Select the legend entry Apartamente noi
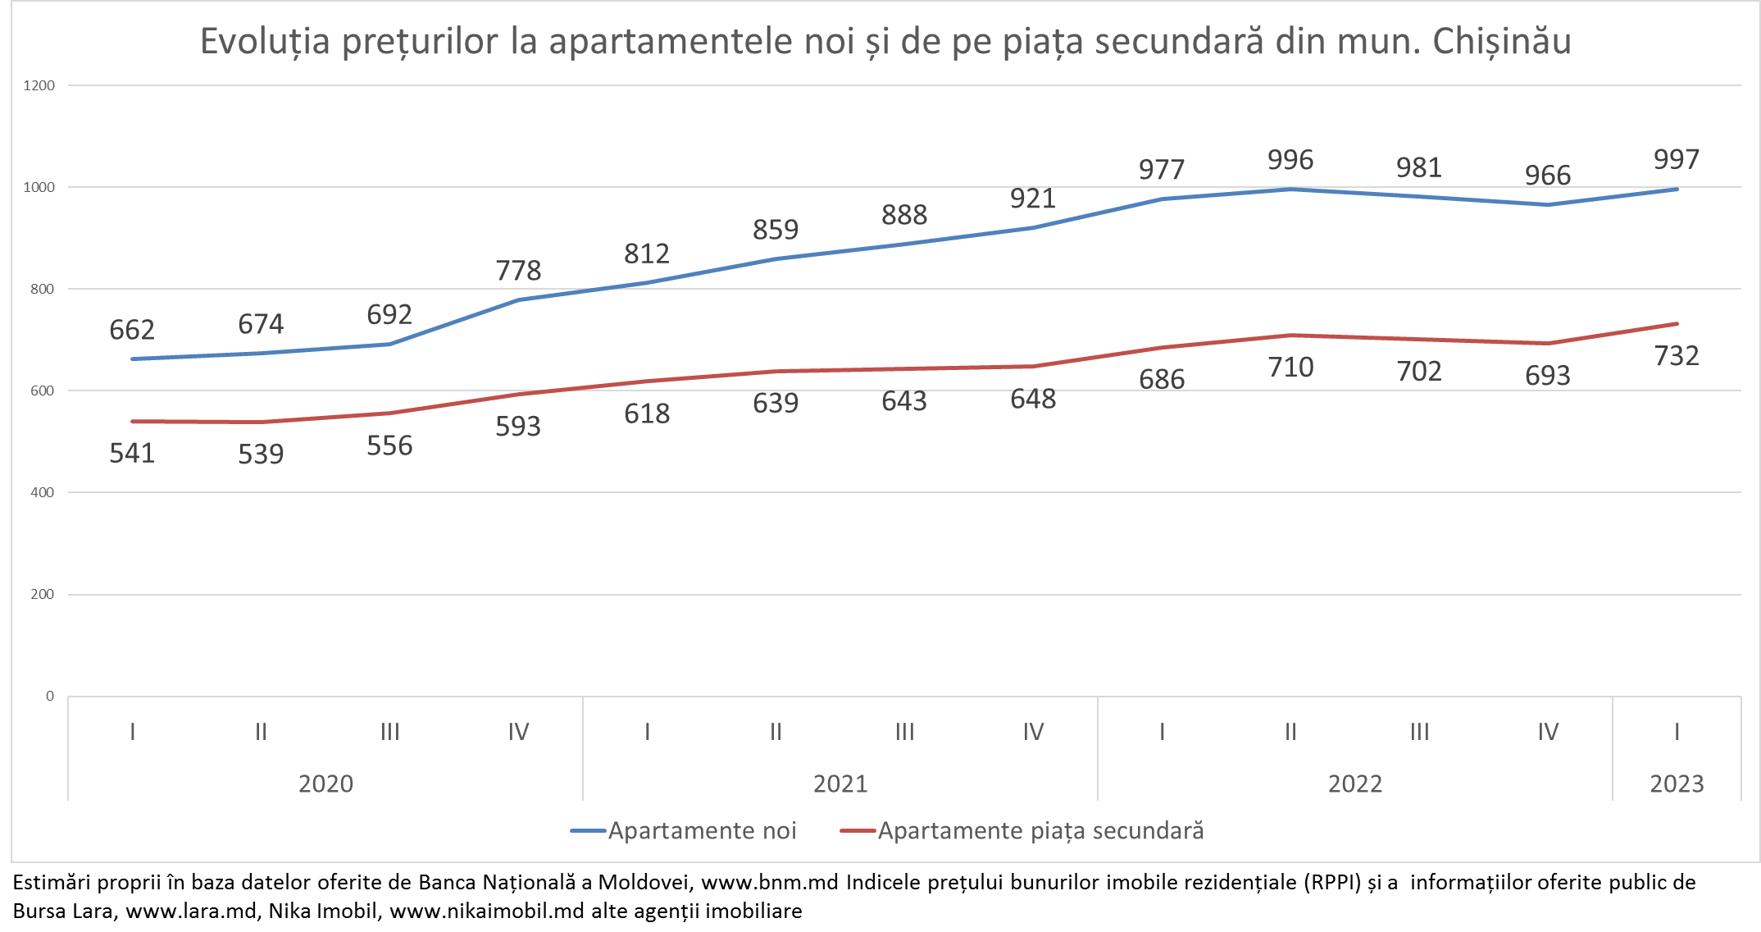tap(702, 831)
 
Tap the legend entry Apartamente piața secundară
tap(1040, 831)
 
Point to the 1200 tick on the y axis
tap(39, 85)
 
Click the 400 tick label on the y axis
tap(43, 492)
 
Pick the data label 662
tap(132, 330)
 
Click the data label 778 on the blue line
tap(518, 270)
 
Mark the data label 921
tap(1033, 199)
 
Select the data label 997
tap(1677, 159)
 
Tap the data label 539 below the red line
tap(261, 454)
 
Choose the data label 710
tap(1290, 368)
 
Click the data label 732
tap(1677, 356)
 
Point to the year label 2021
tap(840, 784)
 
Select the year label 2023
tap(1677, 784)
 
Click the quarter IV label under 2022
tap(1548, 732)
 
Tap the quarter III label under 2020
tap(389, 732)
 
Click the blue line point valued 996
tap(1291, 190)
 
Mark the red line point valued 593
tap(518, 395)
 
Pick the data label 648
tap(1033, 400)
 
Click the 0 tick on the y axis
tap(50, 697)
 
